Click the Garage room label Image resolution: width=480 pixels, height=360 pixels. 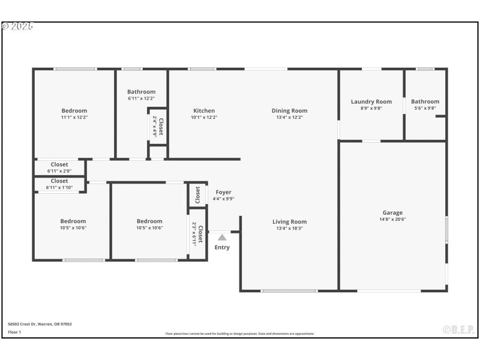392,212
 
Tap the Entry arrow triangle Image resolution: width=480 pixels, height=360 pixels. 222,238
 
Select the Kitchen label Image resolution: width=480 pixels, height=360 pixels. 204,110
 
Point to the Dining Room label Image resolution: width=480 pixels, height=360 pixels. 289,110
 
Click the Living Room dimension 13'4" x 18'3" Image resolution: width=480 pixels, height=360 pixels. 289,228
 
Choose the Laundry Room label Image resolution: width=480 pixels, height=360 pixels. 371,101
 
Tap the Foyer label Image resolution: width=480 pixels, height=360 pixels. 223,192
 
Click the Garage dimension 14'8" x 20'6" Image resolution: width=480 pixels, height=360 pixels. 392,220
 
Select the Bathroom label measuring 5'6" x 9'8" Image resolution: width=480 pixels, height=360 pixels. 425,101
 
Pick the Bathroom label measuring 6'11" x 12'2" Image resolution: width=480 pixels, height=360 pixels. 141,92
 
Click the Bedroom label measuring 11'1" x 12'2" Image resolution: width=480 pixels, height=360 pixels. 74,110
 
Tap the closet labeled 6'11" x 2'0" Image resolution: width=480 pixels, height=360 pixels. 59,164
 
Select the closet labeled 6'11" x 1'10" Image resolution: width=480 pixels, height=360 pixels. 59,181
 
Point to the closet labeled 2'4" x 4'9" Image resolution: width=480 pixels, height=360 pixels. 158,125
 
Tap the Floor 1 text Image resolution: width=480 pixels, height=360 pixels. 14,332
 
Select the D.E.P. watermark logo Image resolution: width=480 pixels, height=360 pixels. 458,329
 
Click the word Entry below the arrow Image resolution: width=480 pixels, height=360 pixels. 222,247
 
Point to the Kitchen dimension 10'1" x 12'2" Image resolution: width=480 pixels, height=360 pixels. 204,117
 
